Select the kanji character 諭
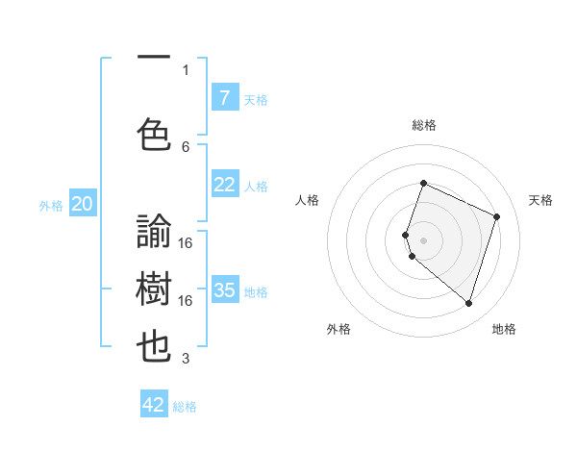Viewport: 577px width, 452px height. pos(155,232)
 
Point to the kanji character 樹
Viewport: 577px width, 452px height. pos(155,289)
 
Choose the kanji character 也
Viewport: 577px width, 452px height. pos(155,347)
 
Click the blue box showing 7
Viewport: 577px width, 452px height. pos(224,98)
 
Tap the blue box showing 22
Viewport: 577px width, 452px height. pos(224,185)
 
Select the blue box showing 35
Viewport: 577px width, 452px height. pos(224,290)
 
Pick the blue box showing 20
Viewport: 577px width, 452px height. pos(83,204)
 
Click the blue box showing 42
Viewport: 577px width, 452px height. pos(154,405)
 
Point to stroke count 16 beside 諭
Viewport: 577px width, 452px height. pos(186,242)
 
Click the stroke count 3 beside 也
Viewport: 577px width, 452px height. pos(186,359)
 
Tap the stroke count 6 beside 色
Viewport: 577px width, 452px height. pos(186,146)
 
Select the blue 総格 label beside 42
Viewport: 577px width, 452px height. pos(185,407)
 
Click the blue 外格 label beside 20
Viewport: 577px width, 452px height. pos(51,205)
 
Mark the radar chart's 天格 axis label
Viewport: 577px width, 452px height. pos(540,200)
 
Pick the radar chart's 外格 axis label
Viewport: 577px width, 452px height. pos(339,329)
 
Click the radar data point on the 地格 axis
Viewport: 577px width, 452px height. pos(468,303)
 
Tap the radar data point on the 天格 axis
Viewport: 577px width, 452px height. pos(496,216)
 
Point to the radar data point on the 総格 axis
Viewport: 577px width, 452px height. pos(423,184)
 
